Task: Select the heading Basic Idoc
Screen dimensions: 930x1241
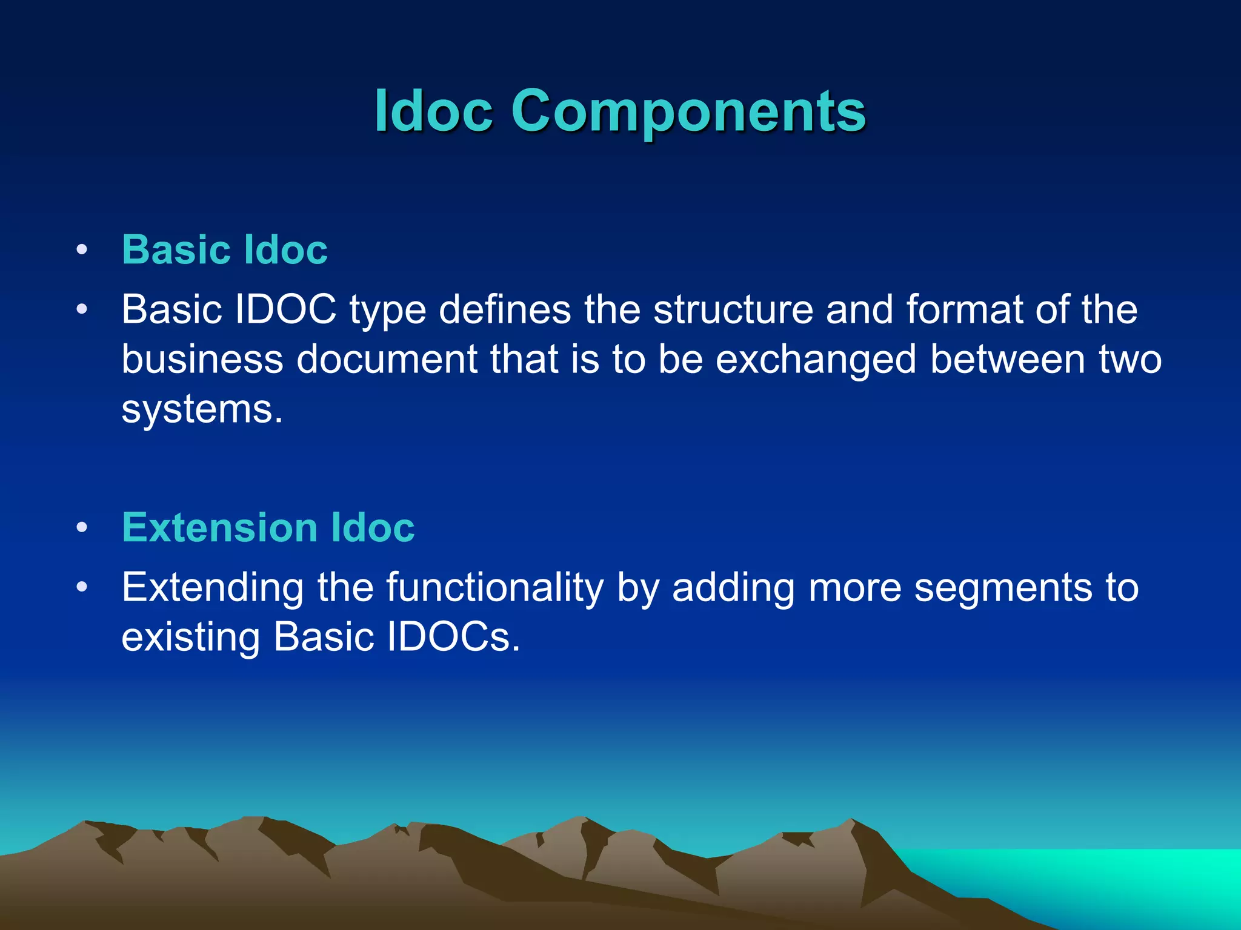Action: coord(225,249)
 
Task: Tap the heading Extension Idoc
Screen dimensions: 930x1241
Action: coord(268,527)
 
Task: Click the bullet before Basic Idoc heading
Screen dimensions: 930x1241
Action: coord(82,250)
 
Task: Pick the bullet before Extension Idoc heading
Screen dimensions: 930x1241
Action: coord(82,528)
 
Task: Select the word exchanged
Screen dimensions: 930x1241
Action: coord(816,359)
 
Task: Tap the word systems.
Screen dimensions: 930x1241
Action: coord(202,409)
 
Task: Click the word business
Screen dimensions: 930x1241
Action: coord(202,359)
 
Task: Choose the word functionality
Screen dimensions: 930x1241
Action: coord(494,587)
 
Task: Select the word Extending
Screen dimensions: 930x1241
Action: coord(213,587)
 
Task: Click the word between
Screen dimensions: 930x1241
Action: coord(1007,359)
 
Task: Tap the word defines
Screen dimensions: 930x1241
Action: coord(505,309)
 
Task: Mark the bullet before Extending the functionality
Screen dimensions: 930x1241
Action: coord(82,587)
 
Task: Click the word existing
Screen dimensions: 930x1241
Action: coord(191,637)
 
